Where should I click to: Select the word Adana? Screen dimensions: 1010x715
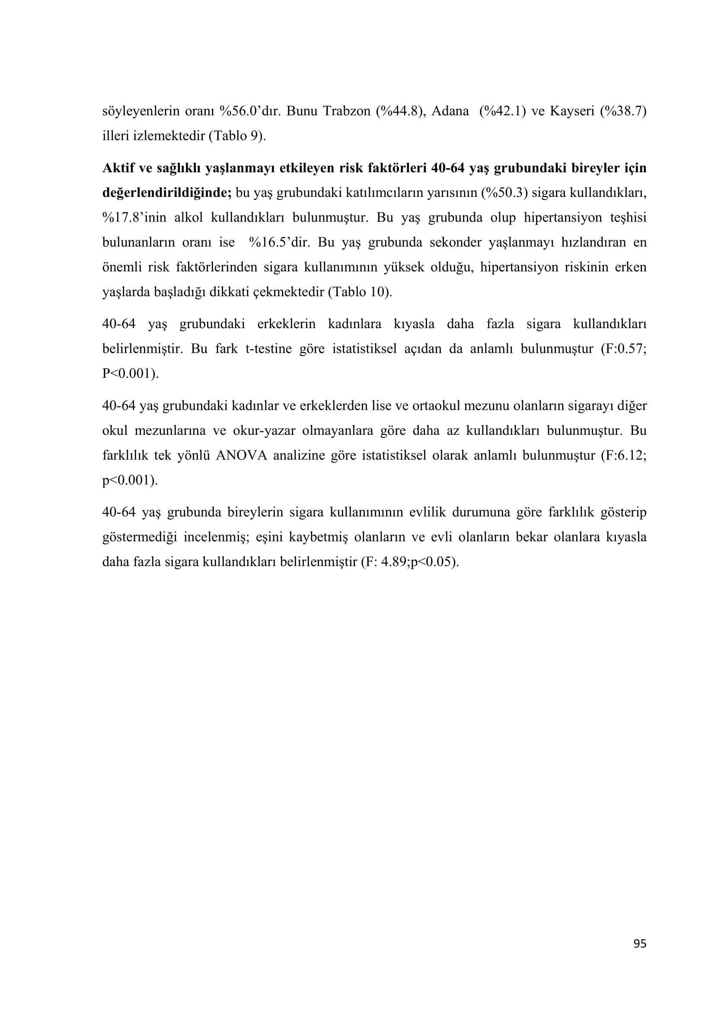pyautogui.click(x=450, y=111)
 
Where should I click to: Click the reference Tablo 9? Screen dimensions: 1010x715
pyautogui.click(x=237, y=136)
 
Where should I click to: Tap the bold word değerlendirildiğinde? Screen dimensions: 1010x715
pyautogui.click(x=166, y=193)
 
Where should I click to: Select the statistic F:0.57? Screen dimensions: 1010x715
pyautogui.click(x=625, y=349)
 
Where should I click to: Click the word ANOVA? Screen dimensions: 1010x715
pyautogui.click(x=241, y=455)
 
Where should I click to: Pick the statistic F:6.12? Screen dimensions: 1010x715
pyautogui.click(x=625, y=455)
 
